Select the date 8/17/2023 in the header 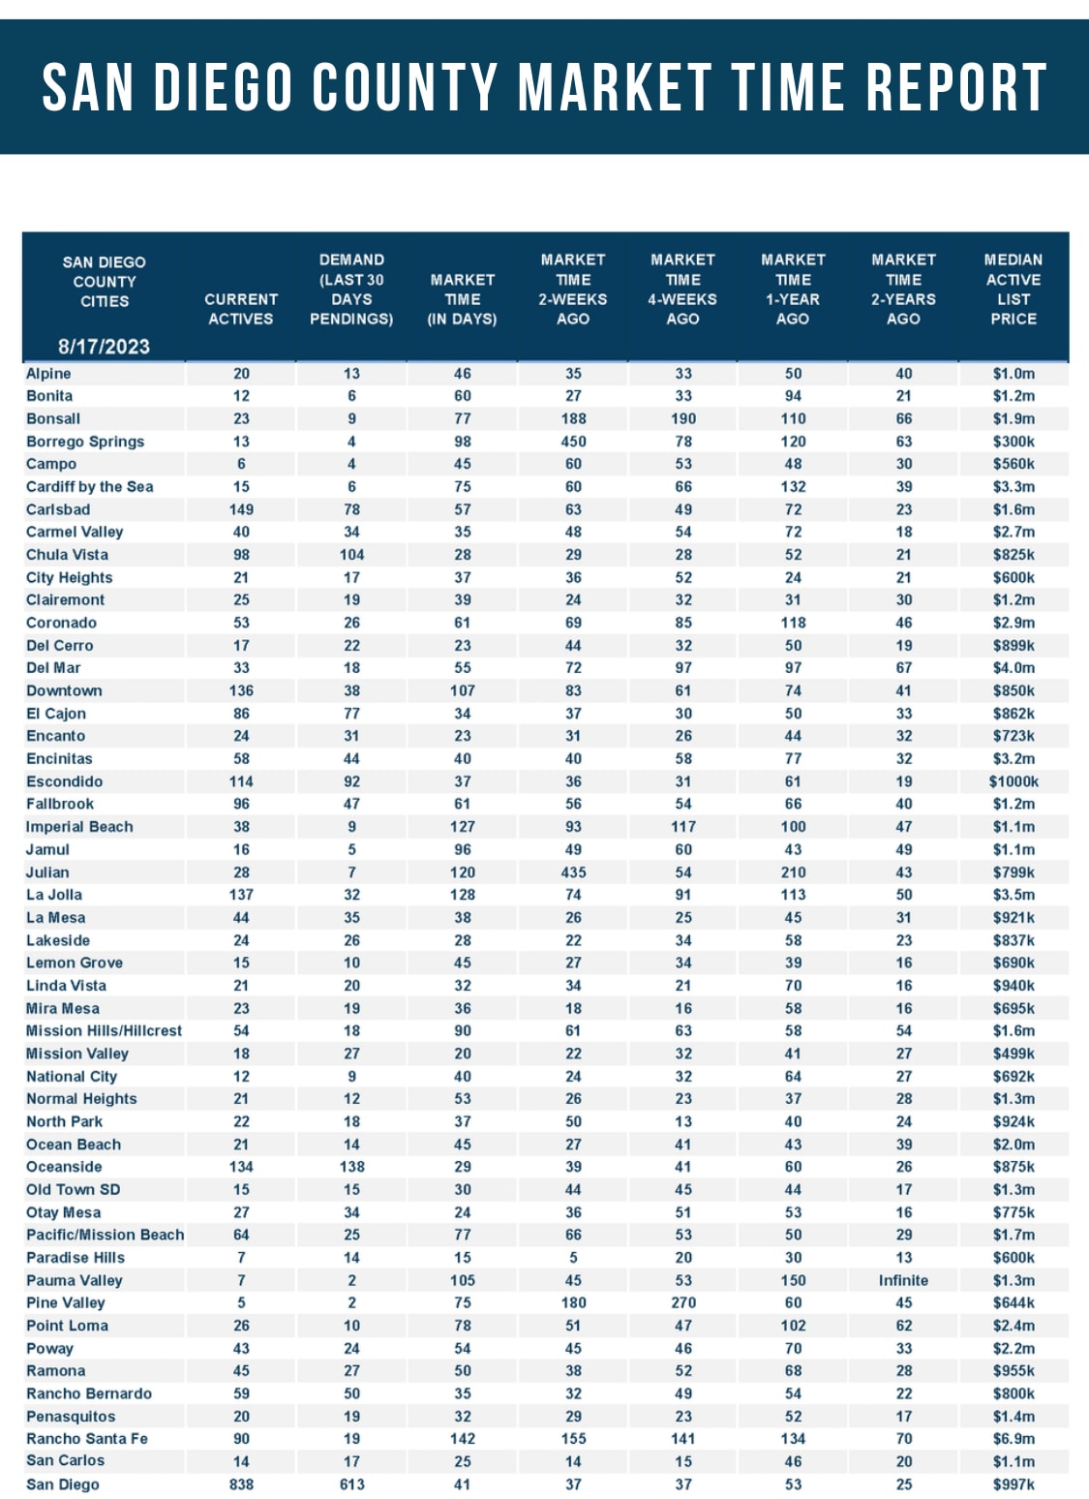[104, 347]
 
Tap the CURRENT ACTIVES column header [241, 309]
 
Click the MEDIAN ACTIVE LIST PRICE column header [1013, 289]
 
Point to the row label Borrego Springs [85, 442]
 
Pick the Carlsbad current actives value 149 [241, 509]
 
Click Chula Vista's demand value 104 [351, 555]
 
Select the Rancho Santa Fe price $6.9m [1013, 1439]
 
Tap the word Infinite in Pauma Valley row [903, 1280]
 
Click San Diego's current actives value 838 [241, 1484]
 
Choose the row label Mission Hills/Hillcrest [104, 1031]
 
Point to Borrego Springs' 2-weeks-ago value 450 [573, 442]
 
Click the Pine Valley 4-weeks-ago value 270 [683, 1303]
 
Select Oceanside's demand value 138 [351, 1167]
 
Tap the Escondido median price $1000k [1013, 781]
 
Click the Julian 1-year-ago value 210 [793, 872]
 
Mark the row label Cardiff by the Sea [90, 487]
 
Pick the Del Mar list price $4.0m [1013, 668]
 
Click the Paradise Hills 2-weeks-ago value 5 [573, 1258]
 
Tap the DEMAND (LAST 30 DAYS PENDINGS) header [351, 289]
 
